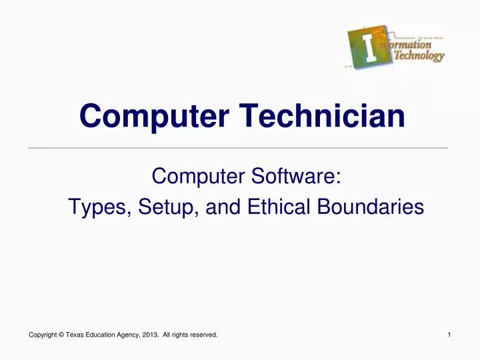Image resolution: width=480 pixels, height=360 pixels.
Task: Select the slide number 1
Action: (x=450, y=335)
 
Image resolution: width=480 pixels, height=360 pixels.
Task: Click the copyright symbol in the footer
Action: (x=61, y=335)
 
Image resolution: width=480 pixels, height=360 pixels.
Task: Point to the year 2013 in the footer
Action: (x=151, y=335)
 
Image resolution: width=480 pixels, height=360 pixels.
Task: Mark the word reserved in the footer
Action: (x=204, y=335)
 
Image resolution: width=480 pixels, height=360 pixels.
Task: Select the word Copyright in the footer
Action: (x=44, y=335)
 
